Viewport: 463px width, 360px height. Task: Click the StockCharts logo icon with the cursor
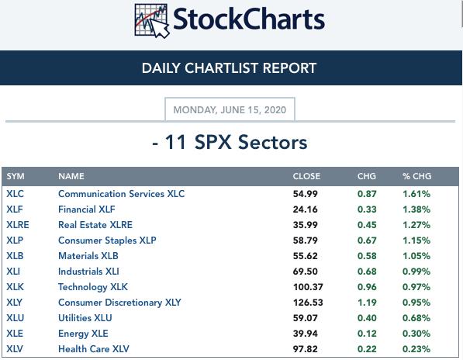pos(152,21)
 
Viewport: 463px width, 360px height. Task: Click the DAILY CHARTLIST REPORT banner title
pos(229,68)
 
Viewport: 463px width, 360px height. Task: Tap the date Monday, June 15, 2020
pos(230,110)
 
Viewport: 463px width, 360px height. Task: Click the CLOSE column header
pos(306,176)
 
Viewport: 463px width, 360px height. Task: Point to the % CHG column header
pos(416,176)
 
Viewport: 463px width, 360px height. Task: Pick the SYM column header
pos(16,176)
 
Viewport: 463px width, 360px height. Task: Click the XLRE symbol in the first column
pos(18,225)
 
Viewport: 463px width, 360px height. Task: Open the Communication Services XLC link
pos(121,194)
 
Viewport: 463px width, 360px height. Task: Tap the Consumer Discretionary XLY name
pos(119,303)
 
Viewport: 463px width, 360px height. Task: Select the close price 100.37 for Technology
pos(308,287)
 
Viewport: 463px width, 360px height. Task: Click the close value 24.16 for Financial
pos(306,209)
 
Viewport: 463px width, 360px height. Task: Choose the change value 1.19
pos(367,303)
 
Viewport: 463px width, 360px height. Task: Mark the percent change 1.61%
pos(416,194)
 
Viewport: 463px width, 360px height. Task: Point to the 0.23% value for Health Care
pos(416,349)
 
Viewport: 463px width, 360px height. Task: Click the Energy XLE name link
pos(83,334)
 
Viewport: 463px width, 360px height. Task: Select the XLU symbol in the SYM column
pos(15,318)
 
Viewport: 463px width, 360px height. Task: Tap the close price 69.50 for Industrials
pos(306,272)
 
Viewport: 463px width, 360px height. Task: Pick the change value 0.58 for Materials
pos(367,256)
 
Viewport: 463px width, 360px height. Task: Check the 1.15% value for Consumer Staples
pos(416,241)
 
